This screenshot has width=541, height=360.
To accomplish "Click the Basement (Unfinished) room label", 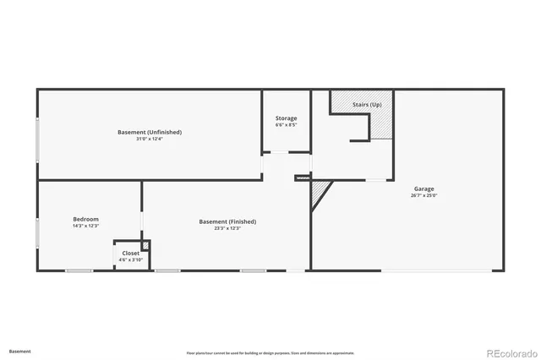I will click(x=149, y=132).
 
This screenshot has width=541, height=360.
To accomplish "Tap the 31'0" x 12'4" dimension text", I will click(x=149, y=139).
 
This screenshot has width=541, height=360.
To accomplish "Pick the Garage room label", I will click(x=424, y=188).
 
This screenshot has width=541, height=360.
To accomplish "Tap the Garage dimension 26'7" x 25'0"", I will click(x=424, y=195).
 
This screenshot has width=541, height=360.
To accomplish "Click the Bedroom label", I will click(x=85, y=219).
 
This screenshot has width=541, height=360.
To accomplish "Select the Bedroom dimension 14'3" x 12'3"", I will click(x=85, y=226).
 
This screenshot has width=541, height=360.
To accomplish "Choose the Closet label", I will click(x=131, y=253).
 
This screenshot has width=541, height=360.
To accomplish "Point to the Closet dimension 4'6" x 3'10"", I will click(x=131, y=259).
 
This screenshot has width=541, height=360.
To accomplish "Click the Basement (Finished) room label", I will click(x=227, y=221).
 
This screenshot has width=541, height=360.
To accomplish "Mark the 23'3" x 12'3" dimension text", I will click(x=227, y=228).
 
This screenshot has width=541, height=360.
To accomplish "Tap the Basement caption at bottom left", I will click(x=20, y=351).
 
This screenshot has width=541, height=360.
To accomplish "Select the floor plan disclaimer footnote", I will click(x=270, y=352).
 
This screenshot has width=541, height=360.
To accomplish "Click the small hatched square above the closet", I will click(x=145, y=245).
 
